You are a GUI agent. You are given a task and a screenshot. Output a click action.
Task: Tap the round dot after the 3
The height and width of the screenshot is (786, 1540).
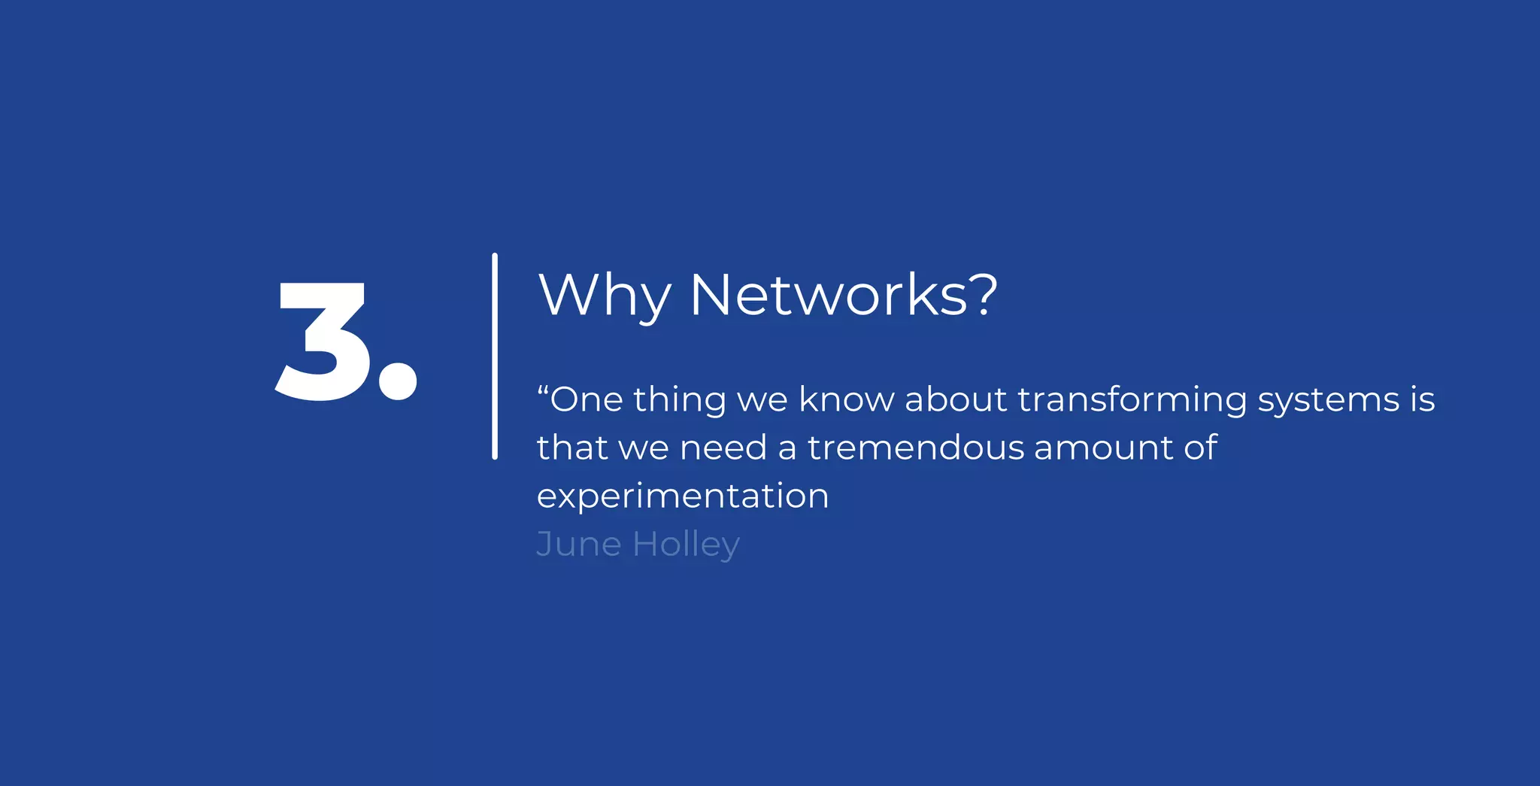pos(397,381)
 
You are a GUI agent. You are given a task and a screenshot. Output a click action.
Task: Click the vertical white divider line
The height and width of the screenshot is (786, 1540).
pos(495,356)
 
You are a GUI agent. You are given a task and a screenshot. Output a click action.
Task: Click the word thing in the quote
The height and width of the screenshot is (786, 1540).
pos(679,400)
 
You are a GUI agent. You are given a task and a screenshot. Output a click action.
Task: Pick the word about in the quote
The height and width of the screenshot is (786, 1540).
pos(956,399)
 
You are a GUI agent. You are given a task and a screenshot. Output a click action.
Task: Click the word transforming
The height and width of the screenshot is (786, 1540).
pos(1132,400)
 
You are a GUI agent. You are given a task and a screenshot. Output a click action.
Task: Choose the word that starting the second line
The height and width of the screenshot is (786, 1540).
pos(571,448)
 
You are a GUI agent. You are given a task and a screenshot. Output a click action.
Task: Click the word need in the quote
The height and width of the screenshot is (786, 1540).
pos(723,448)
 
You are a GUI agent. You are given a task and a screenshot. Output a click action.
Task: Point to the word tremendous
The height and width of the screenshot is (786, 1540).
pos(916,448)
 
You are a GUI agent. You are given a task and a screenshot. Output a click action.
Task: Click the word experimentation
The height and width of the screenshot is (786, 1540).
pos(683,496)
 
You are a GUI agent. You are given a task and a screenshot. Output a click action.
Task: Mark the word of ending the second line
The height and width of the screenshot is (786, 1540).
pos(1200,448)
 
